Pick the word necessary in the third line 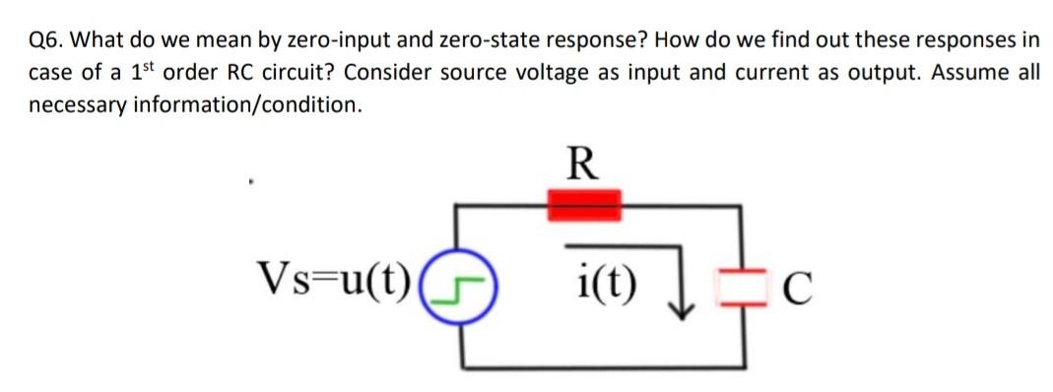(x=79, y=105)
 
